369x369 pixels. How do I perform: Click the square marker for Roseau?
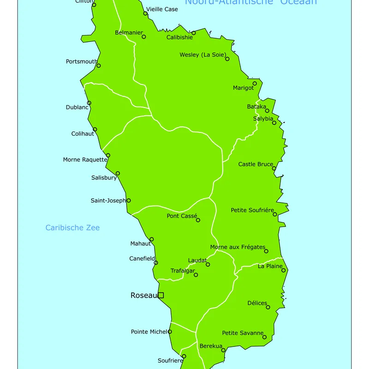click(x=161, y=295)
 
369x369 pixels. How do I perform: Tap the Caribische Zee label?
click(x=72, y=228)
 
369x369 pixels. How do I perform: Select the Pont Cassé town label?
click(x=182, y=216)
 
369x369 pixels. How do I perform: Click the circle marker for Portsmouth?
click(x=98, y=65)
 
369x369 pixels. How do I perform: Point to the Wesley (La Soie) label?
click(x=202, y=55)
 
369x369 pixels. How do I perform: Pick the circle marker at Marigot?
click(x=255, y=83)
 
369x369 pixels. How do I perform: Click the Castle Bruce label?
click(x=256, y=164)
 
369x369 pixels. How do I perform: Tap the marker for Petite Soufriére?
click(x=275, y=214)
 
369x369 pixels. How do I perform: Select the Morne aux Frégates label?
click(x=238, y=247)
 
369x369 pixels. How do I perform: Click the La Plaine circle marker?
click(x=284, y=270)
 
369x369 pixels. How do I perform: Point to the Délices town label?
click(x=257, y=303)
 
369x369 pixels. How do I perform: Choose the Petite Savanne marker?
click(x=264, y=337)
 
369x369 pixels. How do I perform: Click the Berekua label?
click(x=211, y=346)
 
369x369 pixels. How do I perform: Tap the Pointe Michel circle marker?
click(x=170, y=332)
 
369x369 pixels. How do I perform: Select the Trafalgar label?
click(x=183, y=271)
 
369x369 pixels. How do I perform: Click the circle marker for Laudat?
click(x=208, y=264)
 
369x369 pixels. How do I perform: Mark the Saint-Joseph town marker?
click(x=129, y=200)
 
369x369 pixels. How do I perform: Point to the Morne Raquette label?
click(x=85, y=160)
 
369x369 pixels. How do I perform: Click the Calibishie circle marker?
click(x=193, y=33)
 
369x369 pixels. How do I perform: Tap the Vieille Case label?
click(x=162, y=9)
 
